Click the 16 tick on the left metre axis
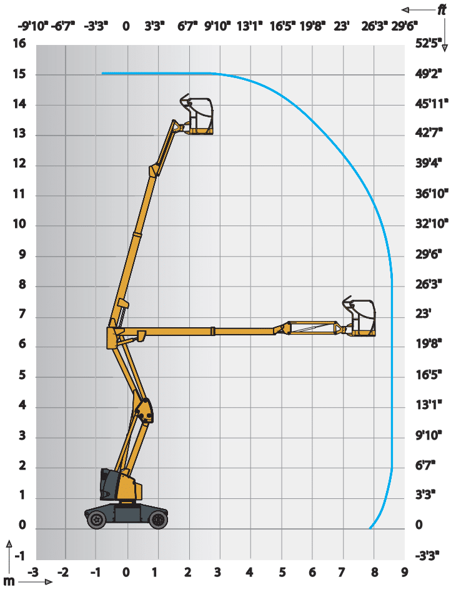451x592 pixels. (x=19, y=44)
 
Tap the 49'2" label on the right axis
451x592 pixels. (x=429, y=73)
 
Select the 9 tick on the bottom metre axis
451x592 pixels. (x=405, y=573)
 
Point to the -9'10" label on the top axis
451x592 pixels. (x=33, y=26)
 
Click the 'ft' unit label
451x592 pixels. (x=441, y=10)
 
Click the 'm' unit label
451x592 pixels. (x=9, y=581)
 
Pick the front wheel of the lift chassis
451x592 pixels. (x=158, y=520)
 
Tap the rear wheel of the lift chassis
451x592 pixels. (x=97, y=520)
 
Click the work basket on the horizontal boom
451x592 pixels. (x=360, y=317)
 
